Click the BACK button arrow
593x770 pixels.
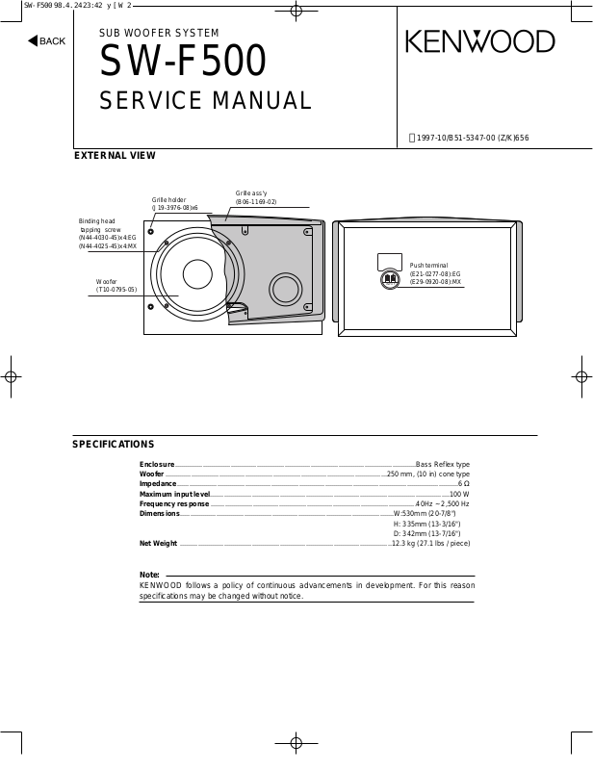[x=32, y=40]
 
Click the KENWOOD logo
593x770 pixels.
[x=479, y=41]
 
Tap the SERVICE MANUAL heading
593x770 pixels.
[x=205, y=101]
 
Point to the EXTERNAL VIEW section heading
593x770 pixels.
[x=115, y=155]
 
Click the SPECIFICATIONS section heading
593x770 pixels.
[x=114, y=445]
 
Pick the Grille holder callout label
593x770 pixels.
[x=168, y=200]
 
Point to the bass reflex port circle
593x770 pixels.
[x=286, y=289]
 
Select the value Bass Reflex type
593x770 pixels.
[x=443, y=464]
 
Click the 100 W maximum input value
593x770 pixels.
[x=459, y=494]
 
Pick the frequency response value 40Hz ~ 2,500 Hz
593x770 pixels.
[x=443, y=504]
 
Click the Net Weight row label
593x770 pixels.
[x=158, y=544]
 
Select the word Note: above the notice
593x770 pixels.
[x=149, y=575]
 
